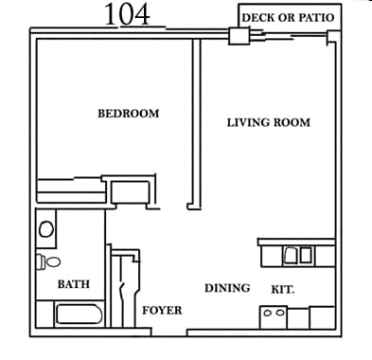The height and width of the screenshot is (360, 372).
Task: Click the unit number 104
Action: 126,14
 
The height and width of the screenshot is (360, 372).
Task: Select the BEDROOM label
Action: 129,114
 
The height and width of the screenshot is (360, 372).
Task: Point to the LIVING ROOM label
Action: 269,122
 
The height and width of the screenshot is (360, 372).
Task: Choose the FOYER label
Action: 162,310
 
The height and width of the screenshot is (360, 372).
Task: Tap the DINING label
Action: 227,288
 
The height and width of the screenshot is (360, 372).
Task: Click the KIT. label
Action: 283,290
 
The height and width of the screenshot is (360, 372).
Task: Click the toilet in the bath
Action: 48,261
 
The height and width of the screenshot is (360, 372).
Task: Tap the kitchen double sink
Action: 298,254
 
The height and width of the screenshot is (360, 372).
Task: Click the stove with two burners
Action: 274,315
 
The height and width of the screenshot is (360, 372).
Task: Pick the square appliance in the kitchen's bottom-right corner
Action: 323,318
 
